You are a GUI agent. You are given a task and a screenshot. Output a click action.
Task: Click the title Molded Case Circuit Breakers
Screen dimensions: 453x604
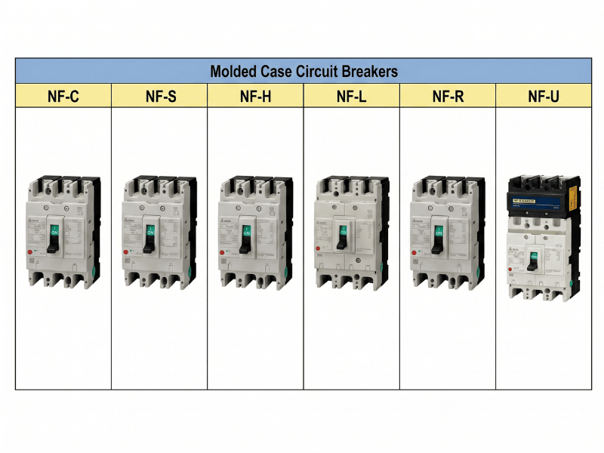tap(304, 72)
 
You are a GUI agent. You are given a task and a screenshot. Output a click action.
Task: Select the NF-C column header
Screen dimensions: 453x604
tap(63, 96)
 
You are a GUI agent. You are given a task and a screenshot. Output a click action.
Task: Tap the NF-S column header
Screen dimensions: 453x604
tap(160, 96)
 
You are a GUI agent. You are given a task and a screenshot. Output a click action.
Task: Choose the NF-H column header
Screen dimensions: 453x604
tap(256, 96)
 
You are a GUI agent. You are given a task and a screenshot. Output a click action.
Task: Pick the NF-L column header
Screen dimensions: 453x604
tap(352, 96)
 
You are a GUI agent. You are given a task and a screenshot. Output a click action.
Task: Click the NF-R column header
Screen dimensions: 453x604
tap(448, 96)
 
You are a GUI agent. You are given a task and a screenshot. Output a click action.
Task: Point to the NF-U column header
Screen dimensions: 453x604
tap(544, 96)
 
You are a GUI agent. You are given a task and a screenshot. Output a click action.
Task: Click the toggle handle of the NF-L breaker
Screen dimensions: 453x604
tap(342, 236)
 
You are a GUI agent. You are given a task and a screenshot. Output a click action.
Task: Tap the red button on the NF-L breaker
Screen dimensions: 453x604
tap(319, 246)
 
